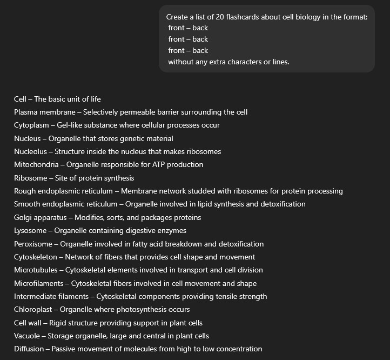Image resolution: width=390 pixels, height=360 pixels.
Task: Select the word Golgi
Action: click(x=24, y=217)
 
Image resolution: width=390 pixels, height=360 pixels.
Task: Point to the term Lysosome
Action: click(x=30, y=231)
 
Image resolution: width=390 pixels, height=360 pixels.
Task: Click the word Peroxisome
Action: click(x=33, y=244)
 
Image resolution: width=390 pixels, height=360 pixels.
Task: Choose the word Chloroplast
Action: click(x=33, y=310)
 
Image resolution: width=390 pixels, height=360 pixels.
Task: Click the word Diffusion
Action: click(x=29, y=349)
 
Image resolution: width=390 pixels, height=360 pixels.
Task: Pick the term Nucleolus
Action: click(x=30, y=151)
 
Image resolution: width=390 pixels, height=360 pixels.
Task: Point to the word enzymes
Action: click(x=171, y=231)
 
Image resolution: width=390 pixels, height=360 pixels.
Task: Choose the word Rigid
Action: click(x=58, y=323)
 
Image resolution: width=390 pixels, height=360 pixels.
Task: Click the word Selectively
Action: click(x=103, y=112)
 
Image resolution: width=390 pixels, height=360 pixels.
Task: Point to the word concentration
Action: click(x=237, y=349)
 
